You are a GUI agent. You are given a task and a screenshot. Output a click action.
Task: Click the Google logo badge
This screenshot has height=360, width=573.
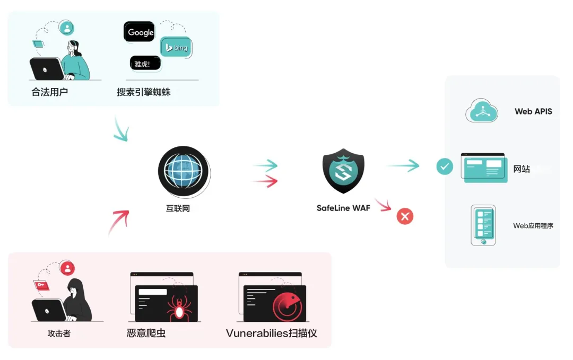pyautogui.click(x=140, y=32)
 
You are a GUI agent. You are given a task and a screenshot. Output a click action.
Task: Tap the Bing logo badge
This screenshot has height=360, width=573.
pyautogui.click(x=176, y=48)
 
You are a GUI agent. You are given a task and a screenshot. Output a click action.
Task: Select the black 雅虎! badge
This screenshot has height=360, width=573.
pyautogui.click(x=145, y=64)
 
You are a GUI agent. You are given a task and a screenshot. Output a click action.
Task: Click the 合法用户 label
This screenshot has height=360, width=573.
pyautogui.click(x=50, y=92)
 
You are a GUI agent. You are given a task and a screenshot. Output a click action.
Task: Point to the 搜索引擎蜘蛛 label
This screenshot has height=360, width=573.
pyautogui.click(x=144, y=92)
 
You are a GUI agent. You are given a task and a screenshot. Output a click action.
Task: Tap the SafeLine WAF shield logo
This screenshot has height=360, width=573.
pyautogui.click(x=343, y=170)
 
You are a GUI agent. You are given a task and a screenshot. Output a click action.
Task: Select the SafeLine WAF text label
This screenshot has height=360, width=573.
pyautogui.click(x=343, y=208)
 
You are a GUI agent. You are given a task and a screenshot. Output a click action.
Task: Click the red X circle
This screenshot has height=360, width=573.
pyautogui.click(x=405, y=216)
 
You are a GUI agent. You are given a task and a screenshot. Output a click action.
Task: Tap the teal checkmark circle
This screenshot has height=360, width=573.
pyautogui.click(x=445, y=167)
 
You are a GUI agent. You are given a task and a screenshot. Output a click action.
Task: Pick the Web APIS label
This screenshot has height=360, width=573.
pyautogui.click(x=533, y=111)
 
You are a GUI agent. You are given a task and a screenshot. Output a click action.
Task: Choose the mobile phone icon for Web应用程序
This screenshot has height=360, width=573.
pyautogui.click(x=483, y=225)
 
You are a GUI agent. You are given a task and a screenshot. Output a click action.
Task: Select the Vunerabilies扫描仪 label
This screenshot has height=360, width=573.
pyautogui.click(x=271, y=333)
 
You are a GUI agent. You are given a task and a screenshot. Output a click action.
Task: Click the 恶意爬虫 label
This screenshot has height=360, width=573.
pyautogui.click(x=146, y=333)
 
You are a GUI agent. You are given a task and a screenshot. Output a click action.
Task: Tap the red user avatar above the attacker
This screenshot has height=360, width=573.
pyautogui.click(x=67, y=268)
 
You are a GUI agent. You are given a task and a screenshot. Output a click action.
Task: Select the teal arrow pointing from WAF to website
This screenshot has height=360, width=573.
pyautogui.click(x=403, y=166)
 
